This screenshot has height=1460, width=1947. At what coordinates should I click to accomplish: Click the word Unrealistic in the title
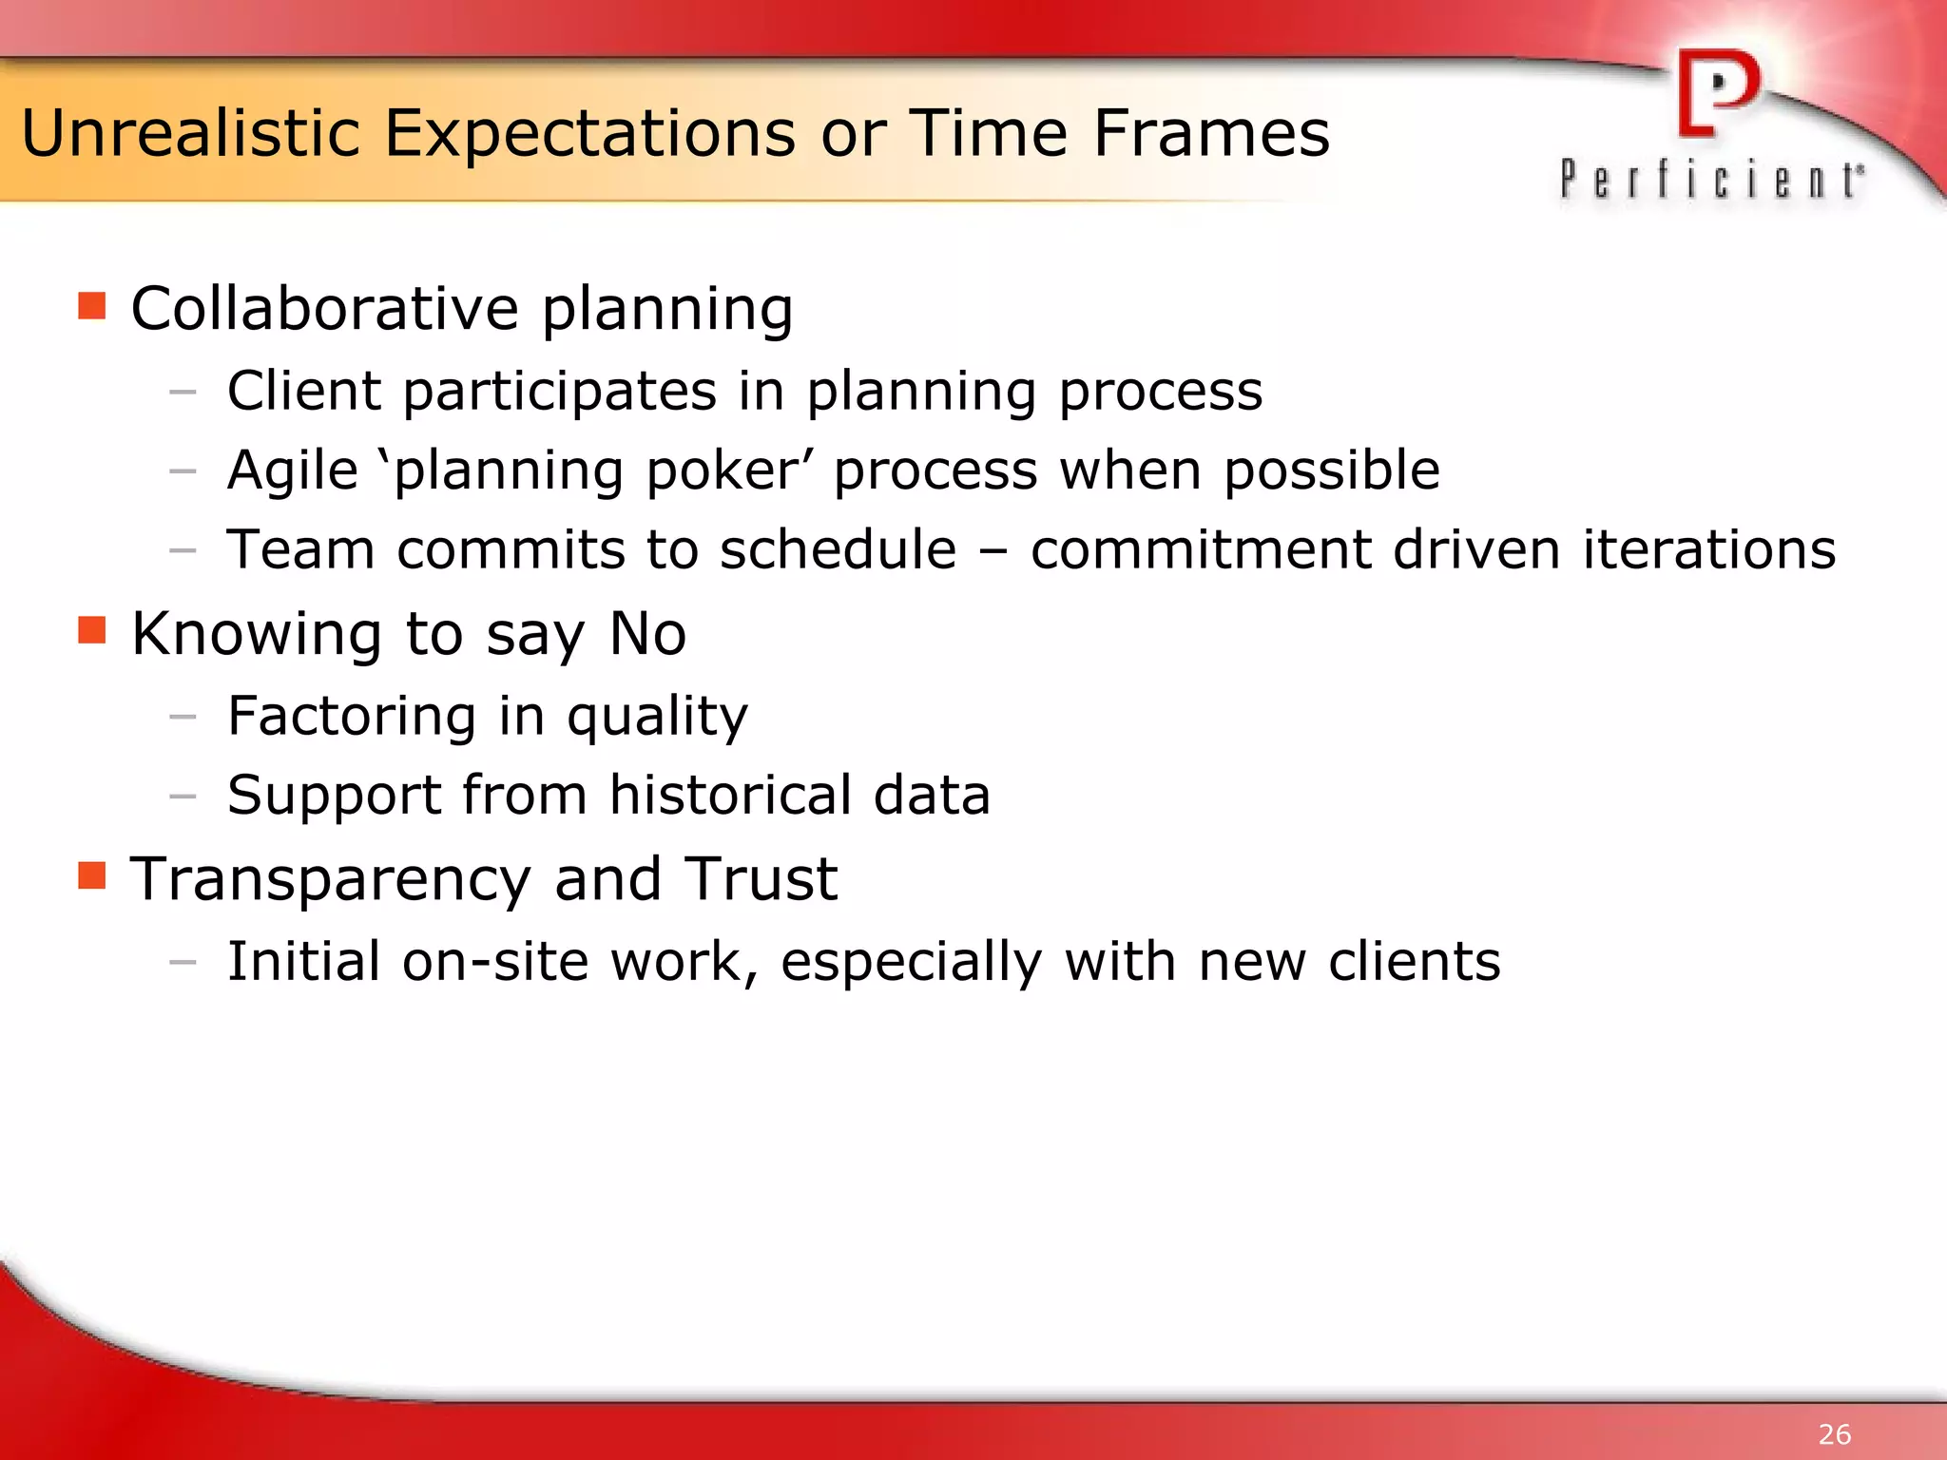pos(190,133)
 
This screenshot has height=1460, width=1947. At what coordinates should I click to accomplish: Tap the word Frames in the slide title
pos(1211,133)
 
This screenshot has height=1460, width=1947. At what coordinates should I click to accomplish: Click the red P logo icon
pos(1717,93)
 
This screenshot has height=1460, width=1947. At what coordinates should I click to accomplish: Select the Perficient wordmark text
pos(1711,181)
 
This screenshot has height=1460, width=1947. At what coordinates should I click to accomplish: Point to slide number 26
pos(1834,1433)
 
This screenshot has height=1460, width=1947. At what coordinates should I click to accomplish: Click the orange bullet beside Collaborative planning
pos(92,306)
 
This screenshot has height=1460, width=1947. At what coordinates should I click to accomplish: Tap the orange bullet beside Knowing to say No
pos(92,630)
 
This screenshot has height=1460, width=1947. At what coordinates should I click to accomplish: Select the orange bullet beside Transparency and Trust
pos(92,875)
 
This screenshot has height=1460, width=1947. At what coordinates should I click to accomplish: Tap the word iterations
pos(1708,549)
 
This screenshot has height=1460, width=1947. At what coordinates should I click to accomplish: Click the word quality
pos(657,717)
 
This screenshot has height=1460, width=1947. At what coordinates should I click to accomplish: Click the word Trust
pos(761,879)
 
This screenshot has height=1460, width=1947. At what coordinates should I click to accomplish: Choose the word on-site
pos(495,961)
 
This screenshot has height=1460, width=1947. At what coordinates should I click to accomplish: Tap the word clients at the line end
pos(1414,961)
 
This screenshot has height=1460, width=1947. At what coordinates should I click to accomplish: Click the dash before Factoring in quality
pos(183,717)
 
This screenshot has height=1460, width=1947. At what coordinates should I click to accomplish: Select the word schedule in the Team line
pos(838,549)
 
